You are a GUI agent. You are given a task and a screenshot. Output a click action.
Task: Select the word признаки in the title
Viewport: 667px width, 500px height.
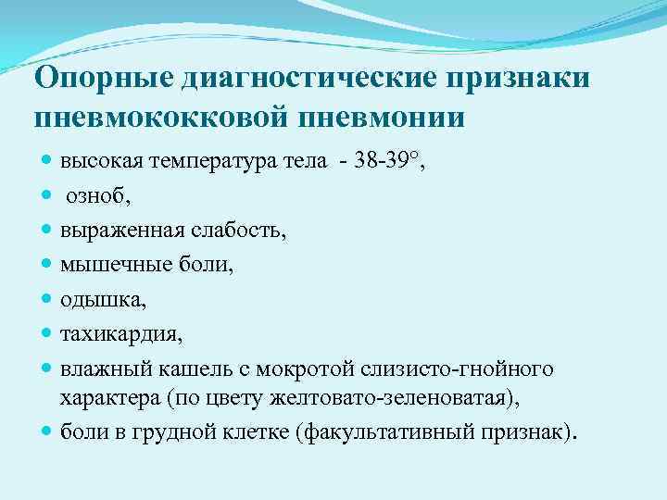(x=519, y=79)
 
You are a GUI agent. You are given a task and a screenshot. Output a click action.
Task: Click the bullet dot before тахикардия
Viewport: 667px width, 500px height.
(x=47, y=334)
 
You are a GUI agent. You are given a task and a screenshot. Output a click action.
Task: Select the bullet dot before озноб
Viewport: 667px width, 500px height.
(x=47, y=196)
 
